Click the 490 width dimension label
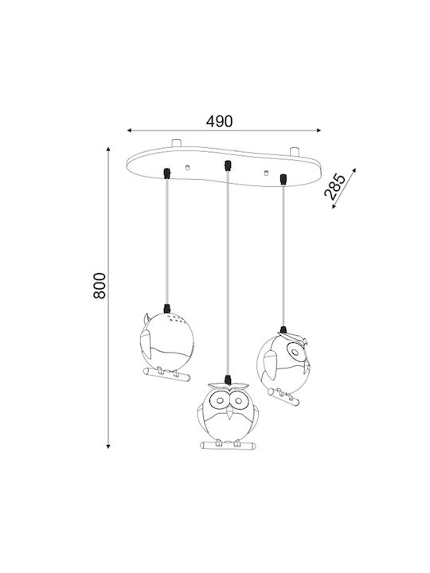pyautogui.click(x=219, y=121)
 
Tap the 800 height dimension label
pyautogui.click(x=100, y=286)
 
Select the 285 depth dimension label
pyautogui.click(x=334, y=186)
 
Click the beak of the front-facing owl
pyautogui.click(x=229, y=413)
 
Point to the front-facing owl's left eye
pyautogui.click(x=220, y=400)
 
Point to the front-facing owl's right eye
pyautogui.click(x=239, y=400)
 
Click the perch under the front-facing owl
pyautogui.click(x=229, y=446)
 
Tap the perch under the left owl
pyautogui.click(x=166, y=375)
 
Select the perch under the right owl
pyautogui.click(x=283, y=397)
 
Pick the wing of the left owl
pyautogui.click(x=147, y=345)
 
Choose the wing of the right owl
pyautogui.click(x=269, y=364)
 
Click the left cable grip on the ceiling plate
pyautogui.click(x=167, y=173)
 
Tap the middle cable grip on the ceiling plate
pyautogui.click(x=228, y=166)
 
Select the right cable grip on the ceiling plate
pyautogui.click(x=283, y=179)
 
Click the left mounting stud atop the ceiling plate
pyautogui.click(x=176, y=142)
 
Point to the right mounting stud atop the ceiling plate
pyautogui.click(x=295, y=151)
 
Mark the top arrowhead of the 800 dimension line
pyautogui.click(x=108, y=149)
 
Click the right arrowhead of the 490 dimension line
pyautogui.click(x=319, y=130)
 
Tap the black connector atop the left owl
pyautogui.click(x=167, y=309)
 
